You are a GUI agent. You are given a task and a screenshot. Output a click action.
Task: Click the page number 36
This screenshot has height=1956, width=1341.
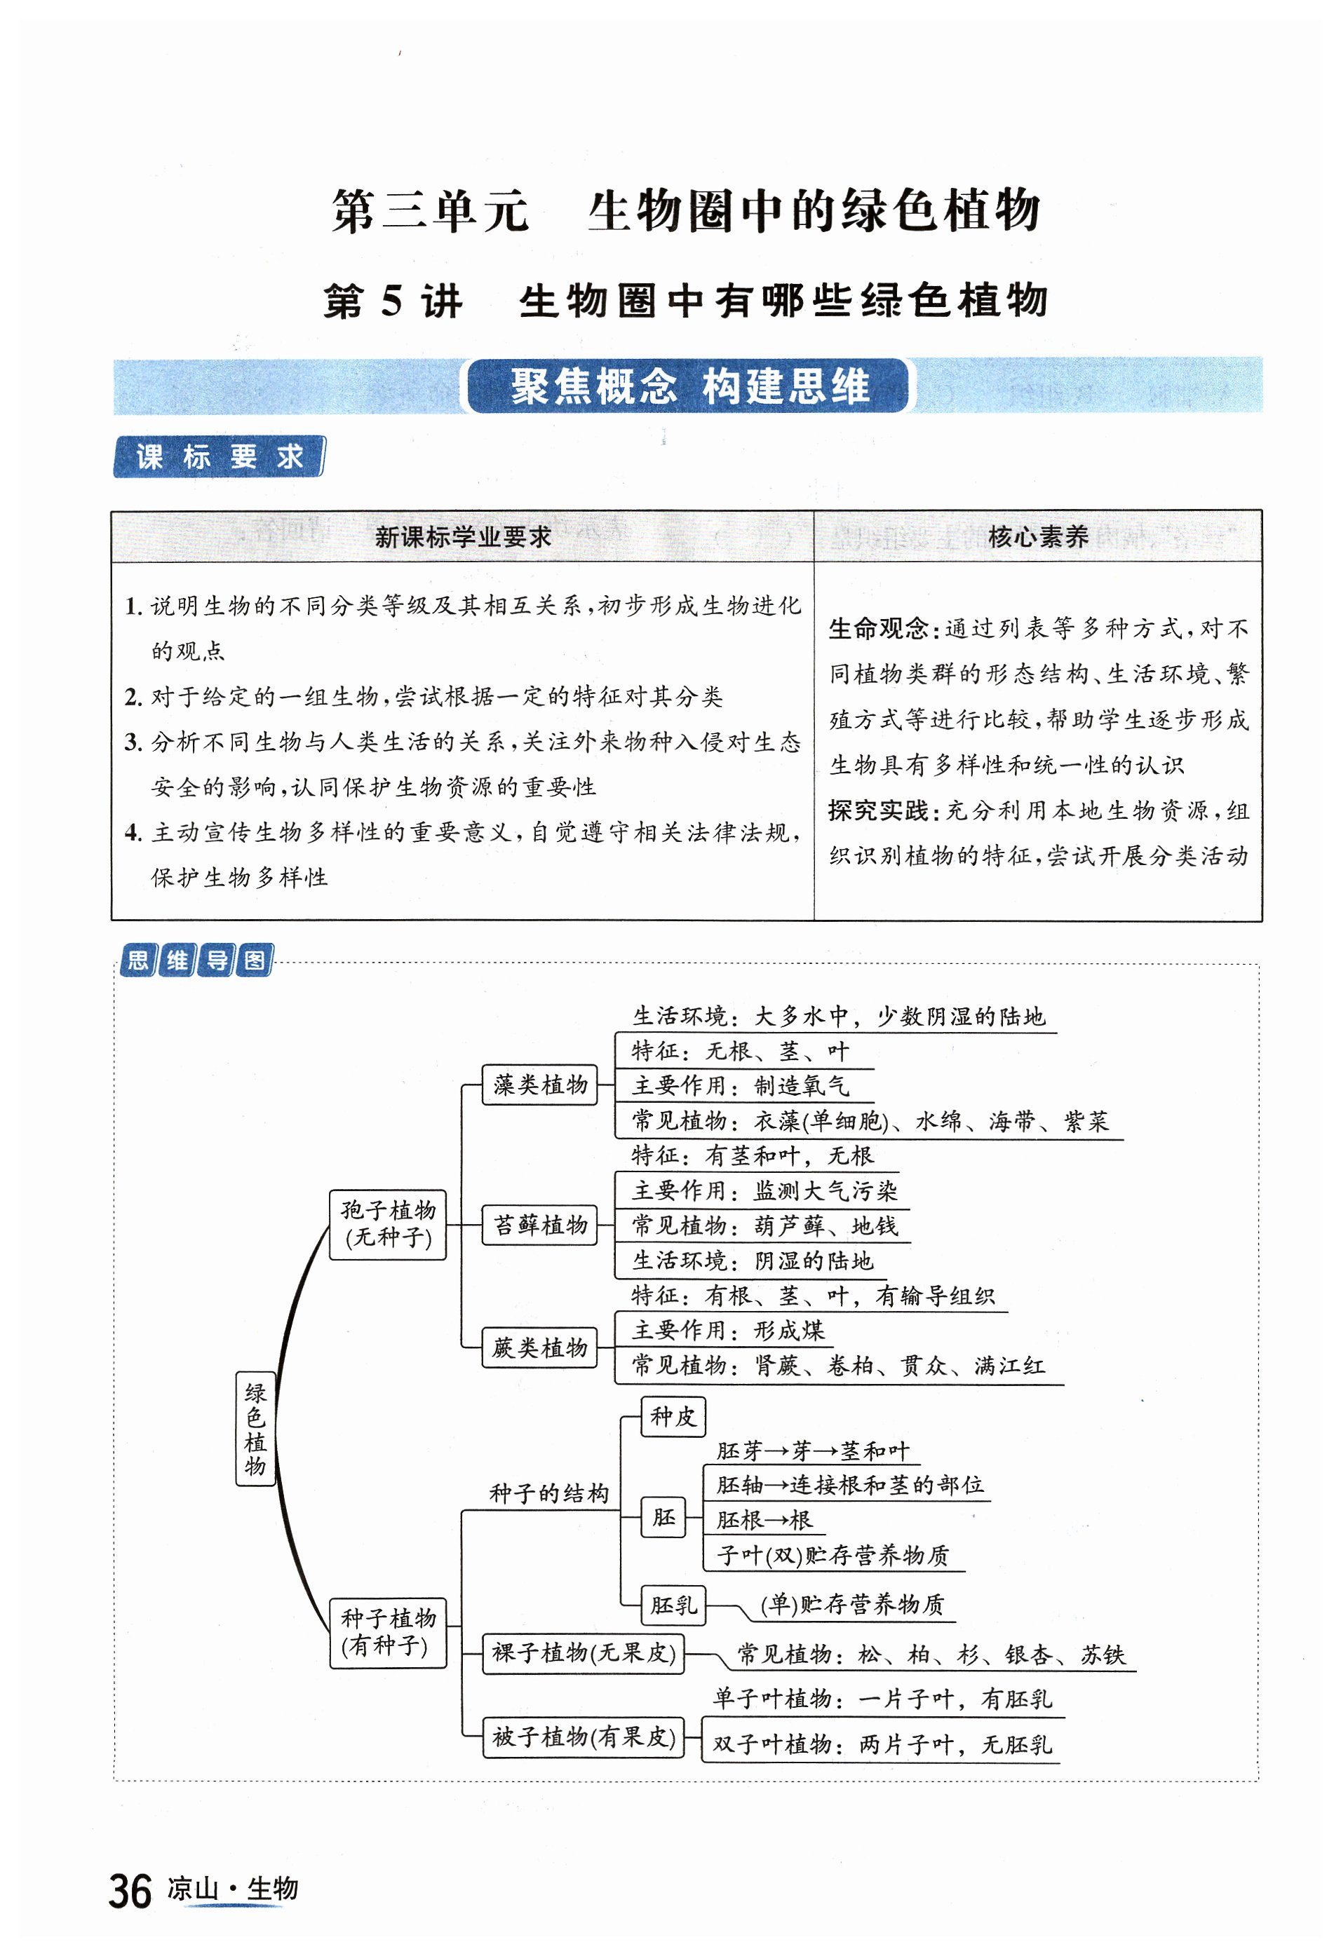(x=130, y=1892)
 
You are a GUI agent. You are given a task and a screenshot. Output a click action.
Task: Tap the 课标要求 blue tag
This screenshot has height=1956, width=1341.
(x=219, y=456)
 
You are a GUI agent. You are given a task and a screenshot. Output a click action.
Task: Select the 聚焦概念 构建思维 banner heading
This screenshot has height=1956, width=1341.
(x=689, y=386)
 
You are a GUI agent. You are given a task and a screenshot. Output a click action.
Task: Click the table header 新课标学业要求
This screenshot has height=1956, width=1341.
(x=462, y=536)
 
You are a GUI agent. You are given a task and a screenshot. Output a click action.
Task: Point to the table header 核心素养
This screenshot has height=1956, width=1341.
(x=1037, y=536)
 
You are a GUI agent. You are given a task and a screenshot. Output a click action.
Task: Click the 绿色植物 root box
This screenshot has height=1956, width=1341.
(x=255, y=1429)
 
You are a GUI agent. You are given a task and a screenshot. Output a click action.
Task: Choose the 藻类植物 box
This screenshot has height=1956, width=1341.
(x=539, y=1084)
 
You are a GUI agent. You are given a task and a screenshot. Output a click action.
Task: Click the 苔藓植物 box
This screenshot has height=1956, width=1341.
(x=539, y=1224)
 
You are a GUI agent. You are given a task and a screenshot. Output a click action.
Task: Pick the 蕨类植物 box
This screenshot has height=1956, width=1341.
(x=539, y=1347)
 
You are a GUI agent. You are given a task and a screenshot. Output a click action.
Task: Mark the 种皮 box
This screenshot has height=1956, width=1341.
(x=673, y=1415)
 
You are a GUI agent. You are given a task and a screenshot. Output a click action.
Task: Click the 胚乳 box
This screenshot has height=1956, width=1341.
(x=673, y=1604)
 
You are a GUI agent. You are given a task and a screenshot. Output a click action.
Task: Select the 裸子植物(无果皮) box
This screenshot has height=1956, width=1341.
(x=584, y=1652)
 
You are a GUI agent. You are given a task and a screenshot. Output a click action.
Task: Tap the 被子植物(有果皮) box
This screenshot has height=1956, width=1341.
(x=584, y=1737)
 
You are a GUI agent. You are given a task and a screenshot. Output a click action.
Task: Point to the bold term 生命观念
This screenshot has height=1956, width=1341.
(x=878, y=628)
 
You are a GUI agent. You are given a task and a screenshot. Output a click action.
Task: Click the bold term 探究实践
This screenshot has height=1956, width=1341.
(x=878, y=810)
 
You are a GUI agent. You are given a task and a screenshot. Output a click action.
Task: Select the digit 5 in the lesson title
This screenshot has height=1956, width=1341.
(x=391, y=301)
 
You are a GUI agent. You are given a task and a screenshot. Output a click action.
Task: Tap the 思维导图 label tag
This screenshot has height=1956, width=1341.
(x=197, y=960)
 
